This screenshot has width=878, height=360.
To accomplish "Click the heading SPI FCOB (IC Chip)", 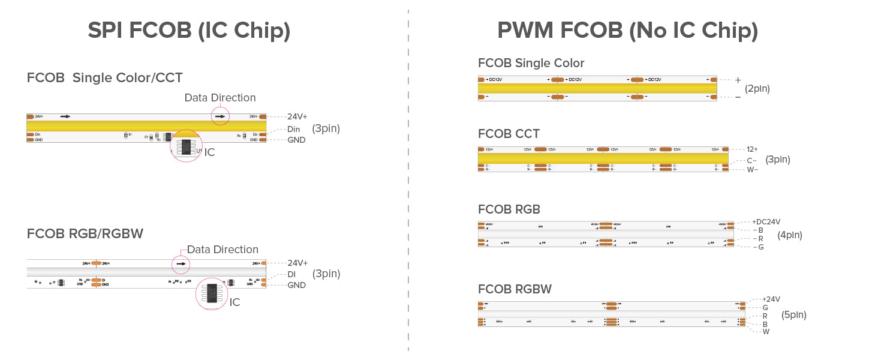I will point(188,31).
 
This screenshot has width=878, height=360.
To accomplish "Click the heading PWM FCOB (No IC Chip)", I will point(627,31).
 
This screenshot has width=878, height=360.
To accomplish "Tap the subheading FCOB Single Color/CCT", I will point(104,77).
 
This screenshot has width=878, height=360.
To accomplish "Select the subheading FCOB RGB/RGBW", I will point(85,233).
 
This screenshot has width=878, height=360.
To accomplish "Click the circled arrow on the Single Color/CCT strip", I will point(220,116).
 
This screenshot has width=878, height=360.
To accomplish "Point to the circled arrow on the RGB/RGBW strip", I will point(181,263).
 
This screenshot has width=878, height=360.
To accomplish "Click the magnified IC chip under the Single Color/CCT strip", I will point(186,146).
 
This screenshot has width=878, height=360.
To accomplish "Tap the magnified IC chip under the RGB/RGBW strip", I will point(212,293).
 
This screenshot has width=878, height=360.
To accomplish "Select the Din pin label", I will point(293,129).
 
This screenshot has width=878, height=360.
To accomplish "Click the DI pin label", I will point(291,274).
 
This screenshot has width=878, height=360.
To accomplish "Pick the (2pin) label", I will point(757,89).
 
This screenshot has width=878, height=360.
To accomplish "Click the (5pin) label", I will point(793,314).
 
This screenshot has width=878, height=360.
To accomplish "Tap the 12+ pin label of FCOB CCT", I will point(752,149).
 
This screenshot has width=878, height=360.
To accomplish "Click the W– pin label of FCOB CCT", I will point(752,170).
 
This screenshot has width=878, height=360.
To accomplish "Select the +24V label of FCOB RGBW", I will point(771,299).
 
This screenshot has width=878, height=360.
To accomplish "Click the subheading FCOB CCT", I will point(509,134).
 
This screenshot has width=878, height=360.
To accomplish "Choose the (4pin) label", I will point(790,235).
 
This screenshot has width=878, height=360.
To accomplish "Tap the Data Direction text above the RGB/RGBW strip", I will point(222,250).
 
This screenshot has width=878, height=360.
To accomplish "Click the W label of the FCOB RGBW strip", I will point(766,332).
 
